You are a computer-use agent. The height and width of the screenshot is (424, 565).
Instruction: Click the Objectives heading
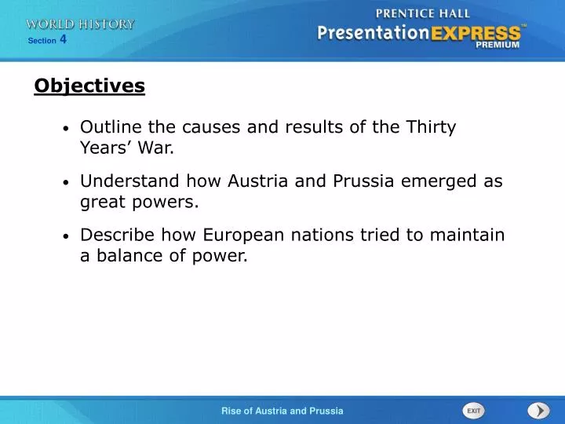pos(89,86)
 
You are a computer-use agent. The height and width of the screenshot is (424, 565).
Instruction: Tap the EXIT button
pos(473,411)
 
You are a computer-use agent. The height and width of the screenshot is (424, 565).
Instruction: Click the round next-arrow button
pos(538,411)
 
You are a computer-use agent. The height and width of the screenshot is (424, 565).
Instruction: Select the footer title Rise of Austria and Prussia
pos(282,411)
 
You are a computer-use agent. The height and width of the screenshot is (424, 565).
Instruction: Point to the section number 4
pos(63,39)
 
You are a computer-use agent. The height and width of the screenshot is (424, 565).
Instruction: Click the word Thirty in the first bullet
pos(430,127)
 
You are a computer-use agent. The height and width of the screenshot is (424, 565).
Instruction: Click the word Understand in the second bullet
pos(130,181)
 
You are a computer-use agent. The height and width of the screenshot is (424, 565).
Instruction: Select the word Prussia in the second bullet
pos(364,181)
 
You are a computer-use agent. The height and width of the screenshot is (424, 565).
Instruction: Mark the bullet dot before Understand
pos(67,182)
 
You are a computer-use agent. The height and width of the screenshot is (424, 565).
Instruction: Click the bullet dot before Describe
pos(67,236)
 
